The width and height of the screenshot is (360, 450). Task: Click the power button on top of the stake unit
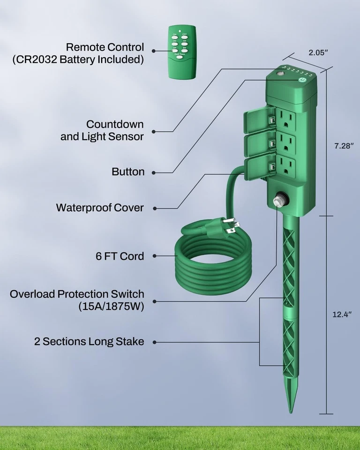click(302, 80)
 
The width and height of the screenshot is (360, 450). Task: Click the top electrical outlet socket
click(286, 118)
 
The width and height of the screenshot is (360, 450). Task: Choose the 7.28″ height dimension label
click(344, 146)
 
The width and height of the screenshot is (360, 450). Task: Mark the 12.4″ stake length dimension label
click(342, 315)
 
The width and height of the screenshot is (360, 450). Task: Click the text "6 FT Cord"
click(119, 256)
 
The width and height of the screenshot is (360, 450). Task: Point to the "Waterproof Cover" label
click(100, 207)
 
